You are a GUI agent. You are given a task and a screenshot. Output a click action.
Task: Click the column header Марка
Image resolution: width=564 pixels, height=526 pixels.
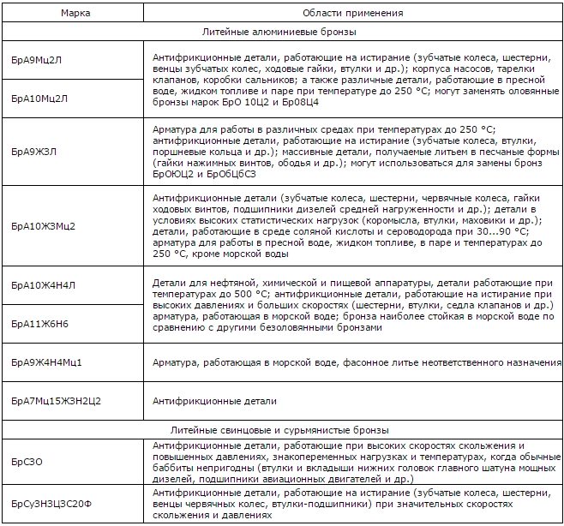(x=74, y=14)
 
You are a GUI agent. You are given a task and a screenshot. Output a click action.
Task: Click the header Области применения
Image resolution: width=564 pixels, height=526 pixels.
(x=352, y=14)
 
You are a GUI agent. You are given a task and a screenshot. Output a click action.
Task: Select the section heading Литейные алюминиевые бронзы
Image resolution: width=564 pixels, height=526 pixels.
(x=282, y=31)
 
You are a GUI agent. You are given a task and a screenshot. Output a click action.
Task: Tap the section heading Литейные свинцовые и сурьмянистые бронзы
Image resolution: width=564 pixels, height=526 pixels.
(x=282, y=429)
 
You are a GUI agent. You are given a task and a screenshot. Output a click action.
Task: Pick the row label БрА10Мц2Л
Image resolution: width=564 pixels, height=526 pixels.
(x=40, y=97)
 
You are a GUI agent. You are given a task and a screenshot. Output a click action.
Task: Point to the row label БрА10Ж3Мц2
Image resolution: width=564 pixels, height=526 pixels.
(x=44, y=226)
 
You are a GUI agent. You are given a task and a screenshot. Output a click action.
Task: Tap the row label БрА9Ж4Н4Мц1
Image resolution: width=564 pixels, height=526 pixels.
(x=47, y=363)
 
